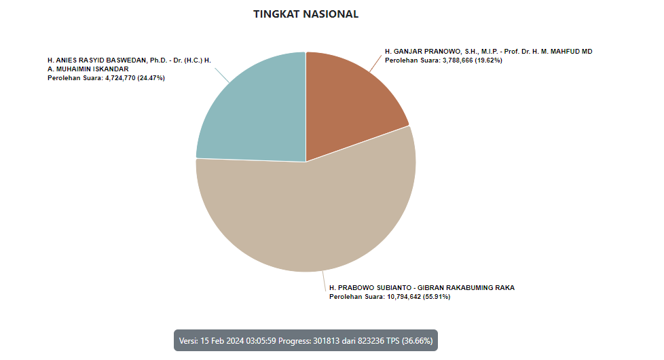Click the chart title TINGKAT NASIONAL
306,14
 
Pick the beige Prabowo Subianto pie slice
306,217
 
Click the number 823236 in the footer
371,340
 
